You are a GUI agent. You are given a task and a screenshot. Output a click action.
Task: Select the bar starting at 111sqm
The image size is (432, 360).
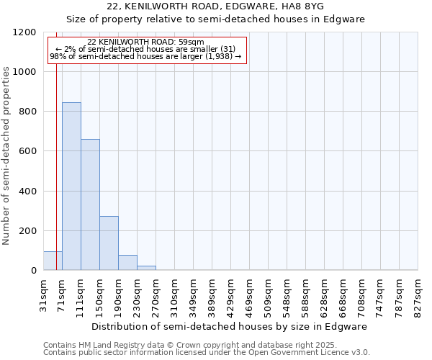point(90,204)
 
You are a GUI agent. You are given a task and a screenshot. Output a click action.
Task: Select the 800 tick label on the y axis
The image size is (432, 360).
point(27,112)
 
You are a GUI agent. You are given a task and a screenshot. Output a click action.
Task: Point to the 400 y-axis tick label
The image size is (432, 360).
point(27,192)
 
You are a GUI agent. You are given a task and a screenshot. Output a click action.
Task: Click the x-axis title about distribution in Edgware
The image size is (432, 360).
point(230,326)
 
